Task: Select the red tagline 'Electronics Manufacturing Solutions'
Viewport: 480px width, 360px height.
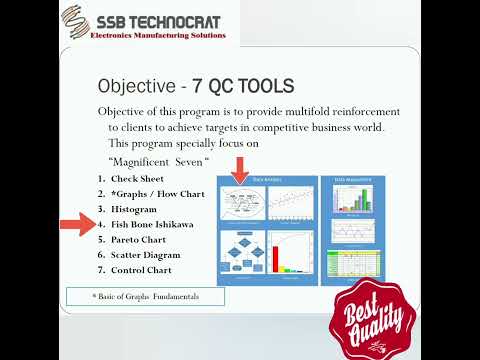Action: point(158,35)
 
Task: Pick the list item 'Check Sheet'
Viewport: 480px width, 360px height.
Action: point(138,178)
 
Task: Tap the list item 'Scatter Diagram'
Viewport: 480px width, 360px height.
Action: point(147,255)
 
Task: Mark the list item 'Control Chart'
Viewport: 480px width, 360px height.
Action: point(142,270)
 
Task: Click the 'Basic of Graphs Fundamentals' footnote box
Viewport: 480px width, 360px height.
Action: point(145,296)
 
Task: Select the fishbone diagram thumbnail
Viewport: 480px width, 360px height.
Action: point(246,206)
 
